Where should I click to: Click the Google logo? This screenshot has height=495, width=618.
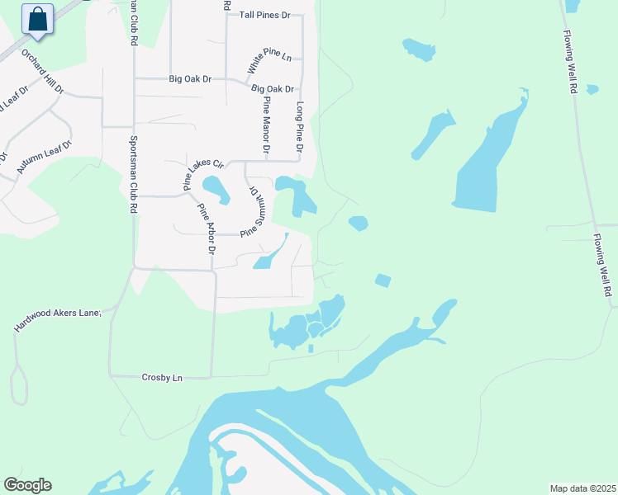pyautogui.click(x=27, y=485)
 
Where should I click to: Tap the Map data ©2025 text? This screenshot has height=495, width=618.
pyautogui.click(x=582, y=488)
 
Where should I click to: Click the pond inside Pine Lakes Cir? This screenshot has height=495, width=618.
pyautogui.click(x=216, y=190)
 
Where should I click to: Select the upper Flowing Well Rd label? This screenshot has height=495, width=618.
pyautogui.click(x=570, y=63)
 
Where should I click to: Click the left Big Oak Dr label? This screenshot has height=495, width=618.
pyautogui.click(x=190, y=79)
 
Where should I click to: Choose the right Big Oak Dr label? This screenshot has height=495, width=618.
pyautogui.click(x=273, y=88)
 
